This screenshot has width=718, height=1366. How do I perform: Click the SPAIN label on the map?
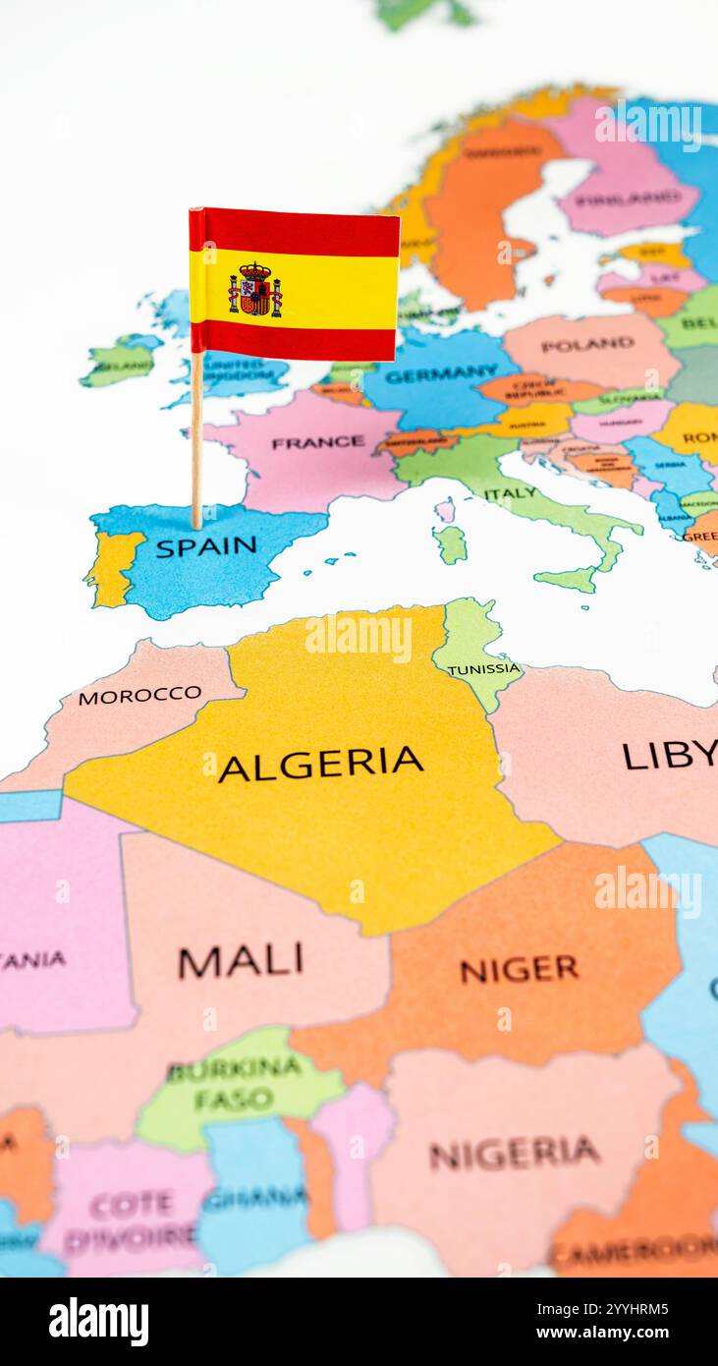pos(205,546)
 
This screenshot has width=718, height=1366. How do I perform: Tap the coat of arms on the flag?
pos(255,290)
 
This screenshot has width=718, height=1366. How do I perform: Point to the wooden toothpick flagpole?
pos(196,442)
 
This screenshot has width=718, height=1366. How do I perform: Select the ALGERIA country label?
pos(320,764)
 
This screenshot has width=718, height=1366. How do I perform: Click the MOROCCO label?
pos(139,695)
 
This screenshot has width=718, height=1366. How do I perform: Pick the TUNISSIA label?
pos(483,669)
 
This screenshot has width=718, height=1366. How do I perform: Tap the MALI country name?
pos(241,961)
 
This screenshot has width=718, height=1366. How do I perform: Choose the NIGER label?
pos(520,970)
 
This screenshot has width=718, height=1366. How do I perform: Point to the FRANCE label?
pos(317,443)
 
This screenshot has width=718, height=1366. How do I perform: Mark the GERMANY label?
pos(441,374)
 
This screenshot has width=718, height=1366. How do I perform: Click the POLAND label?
pos(587,345)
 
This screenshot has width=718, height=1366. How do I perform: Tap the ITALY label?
pos(511,493)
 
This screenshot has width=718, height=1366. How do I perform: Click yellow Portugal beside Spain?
pos(114,568)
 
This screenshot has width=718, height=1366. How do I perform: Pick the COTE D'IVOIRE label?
pos(132,1220)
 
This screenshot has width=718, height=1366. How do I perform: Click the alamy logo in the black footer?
pos(98,1322)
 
